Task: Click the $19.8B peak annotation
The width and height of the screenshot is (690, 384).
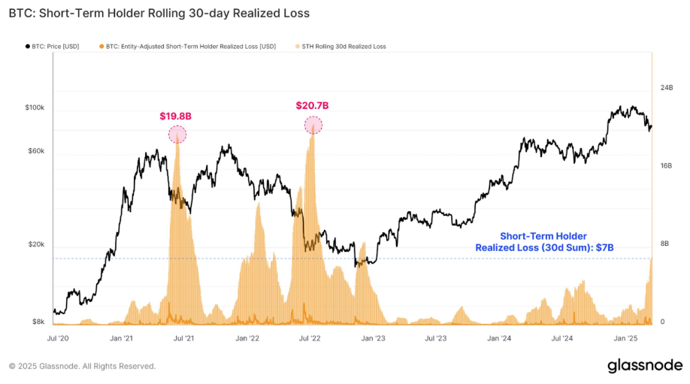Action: pyautogui.click(x=175, y=116)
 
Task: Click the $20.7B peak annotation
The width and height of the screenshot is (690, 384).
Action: pyautogui.click(x=312, y=106)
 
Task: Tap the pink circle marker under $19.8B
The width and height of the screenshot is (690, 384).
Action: pyautogui.click(x=177, y=135)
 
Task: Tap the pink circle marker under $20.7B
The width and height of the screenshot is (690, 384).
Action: pyautogui.click(x=313, y=125)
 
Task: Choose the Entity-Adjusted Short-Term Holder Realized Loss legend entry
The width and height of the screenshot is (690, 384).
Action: pyautogui.click(x=187, y=47)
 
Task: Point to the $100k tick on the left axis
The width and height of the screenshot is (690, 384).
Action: pyautogui.click(x=35, y=108)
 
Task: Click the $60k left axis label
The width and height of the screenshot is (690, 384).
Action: pyautogui.click(x=37, y=151)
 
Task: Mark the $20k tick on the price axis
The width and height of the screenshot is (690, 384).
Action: pyautogui.click(x=37, y=245)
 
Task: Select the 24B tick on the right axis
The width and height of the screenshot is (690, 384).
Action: pyautogui.click(x=666, y=88)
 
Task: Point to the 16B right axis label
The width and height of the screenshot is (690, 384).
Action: pyautogui.click(x=666, y=165)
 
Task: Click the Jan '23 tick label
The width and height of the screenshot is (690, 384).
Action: pyautogui.click(x=373, y=339)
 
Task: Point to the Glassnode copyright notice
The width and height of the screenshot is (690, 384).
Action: pyautogui.click(x=83, y=366)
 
